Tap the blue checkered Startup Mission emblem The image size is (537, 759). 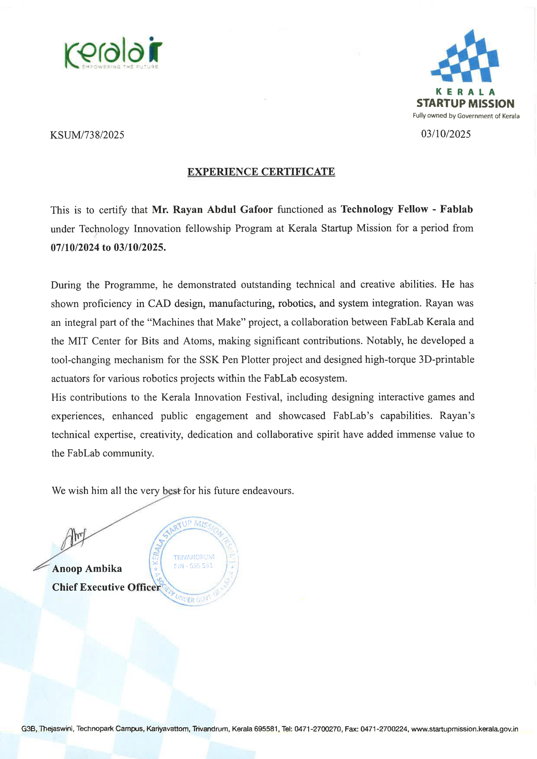click(465, 57)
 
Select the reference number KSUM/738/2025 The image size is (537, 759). click(87, 135)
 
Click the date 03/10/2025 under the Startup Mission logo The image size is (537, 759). click(446, 134)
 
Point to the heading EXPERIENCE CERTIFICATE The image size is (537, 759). click(261, 171)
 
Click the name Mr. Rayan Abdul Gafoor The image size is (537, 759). click(212, 210)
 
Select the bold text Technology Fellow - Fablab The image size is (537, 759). click(407, 209)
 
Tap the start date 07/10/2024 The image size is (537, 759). click(75, 247)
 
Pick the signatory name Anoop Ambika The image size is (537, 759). click(87, 568)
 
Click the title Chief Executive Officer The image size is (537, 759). click(106, 587)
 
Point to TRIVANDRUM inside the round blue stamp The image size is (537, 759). click(194, 557)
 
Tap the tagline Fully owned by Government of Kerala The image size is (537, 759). click(466, 116)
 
